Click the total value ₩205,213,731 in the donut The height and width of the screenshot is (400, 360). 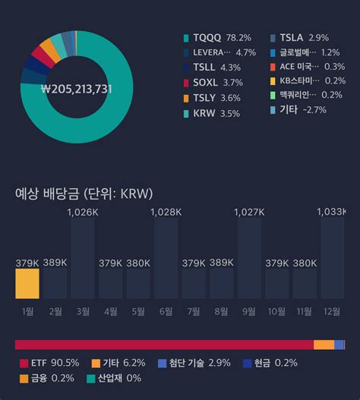click(x=76, y=89)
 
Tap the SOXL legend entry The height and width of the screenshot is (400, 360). click(x=212, y=82)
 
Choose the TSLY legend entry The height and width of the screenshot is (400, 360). click(x=212, y=97)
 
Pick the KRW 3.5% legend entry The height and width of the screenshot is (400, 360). click(x=211, y=113)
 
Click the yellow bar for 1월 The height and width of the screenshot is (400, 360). click(x=27, y=283)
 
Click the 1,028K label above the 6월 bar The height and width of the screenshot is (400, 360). click(x=166, y=212)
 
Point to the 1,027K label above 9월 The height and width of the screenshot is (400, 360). click(x=249, y=212)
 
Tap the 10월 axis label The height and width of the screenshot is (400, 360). click(x=276, y=310)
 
